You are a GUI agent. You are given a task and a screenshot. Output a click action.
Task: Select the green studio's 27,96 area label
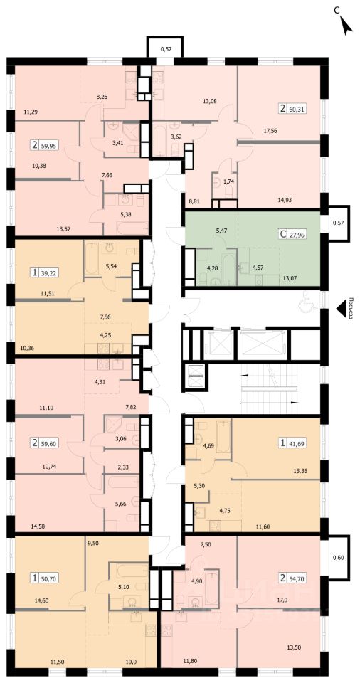[298, 235]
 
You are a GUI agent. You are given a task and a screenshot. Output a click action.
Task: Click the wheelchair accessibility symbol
[303, 307]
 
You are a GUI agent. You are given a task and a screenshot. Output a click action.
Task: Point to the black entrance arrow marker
[341, 308]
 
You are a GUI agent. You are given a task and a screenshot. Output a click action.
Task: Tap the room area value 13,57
[65, 227]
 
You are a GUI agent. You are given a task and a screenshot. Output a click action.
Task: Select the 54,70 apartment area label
[299, 578]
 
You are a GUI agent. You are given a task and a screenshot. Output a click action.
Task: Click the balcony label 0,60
[338, 557]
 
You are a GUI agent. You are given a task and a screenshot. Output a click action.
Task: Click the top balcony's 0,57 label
[165, 49]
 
